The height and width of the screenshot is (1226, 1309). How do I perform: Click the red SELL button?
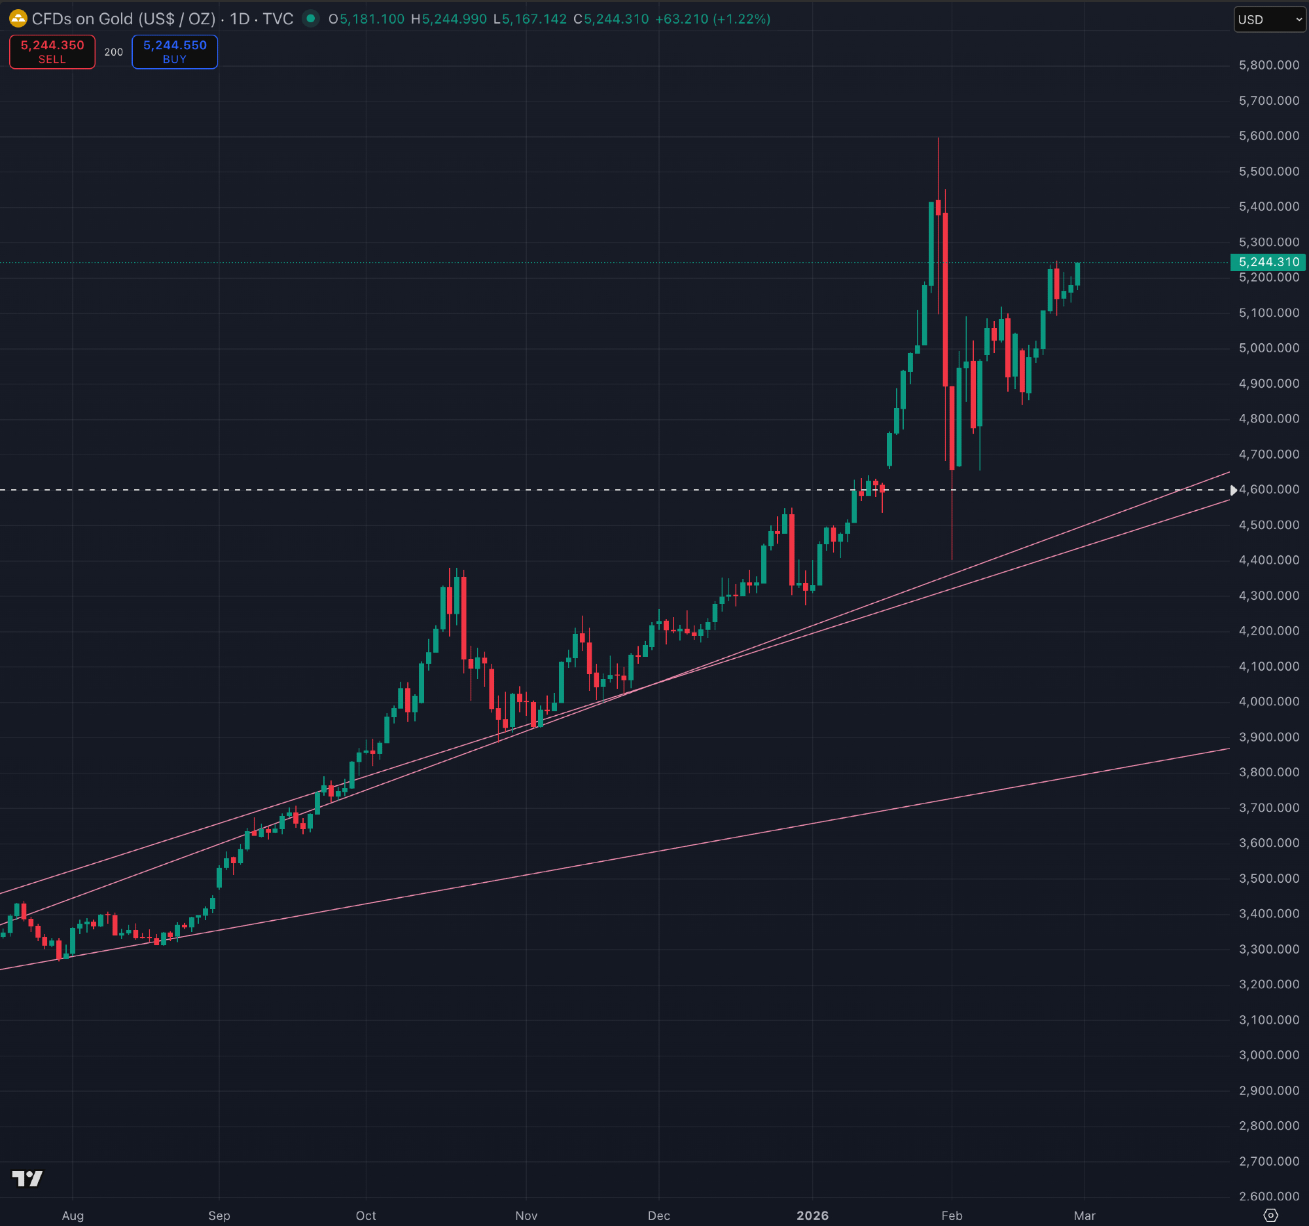coord(52,52)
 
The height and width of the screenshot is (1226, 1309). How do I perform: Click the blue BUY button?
coord(175,52)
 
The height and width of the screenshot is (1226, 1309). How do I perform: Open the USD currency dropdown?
coord(1269,20)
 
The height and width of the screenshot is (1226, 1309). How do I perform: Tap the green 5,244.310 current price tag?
coord(1268,262)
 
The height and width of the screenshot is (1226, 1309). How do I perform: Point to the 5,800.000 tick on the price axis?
coord(1268,65)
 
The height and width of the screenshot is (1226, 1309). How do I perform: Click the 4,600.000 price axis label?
coord(1268,489)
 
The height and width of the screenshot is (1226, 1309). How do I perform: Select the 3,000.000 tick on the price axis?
coord(1268,1055)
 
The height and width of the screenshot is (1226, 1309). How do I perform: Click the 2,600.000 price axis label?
coord(1268,1197)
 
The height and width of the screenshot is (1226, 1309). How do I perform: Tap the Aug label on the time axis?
coord(73,1216)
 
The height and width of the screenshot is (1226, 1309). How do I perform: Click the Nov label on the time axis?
coord(526,1216)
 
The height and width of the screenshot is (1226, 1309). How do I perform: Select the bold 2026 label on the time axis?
coord(812,1216)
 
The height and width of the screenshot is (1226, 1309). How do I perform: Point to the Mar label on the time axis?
coord(1085,1216)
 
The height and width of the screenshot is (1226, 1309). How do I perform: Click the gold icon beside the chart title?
coord(18,18)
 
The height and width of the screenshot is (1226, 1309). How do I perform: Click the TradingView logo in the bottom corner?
coord(27,1179)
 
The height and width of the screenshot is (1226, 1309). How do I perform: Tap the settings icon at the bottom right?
coord(1270,1216)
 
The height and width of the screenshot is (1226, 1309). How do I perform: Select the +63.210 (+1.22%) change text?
coord(713,19)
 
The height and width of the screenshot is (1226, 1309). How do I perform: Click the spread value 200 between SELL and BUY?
coord(113,52)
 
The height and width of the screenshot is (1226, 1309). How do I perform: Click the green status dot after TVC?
coord(310,18)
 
